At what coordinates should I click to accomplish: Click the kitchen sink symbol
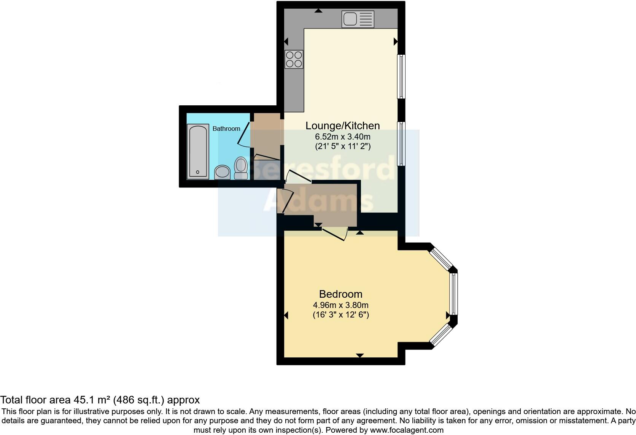point(358,19)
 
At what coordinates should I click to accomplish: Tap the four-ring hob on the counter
point(294,59)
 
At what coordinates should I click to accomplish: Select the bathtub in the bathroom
point(198,151)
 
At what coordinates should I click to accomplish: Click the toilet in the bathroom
point(241,168)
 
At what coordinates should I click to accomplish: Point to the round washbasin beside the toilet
point(222,172)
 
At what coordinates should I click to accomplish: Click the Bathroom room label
point(226,129)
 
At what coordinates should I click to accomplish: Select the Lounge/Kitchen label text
point(343,125)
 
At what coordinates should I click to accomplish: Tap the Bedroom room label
point(340,294)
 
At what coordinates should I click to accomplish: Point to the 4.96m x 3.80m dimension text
point(340,305)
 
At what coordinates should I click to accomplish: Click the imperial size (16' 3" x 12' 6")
point(340,315)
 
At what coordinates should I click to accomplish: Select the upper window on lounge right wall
point(401,76)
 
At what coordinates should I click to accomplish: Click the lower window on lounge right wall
point(401,144)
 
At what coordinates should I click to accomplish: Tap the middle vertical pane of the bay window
point(453,294)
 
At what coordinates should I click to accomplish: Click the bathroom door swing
point(243,134)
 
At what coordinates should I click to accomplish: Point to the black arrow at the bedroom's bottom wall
point(360,356)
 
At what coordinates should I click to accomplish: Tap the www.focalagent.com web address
point(407,430)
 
